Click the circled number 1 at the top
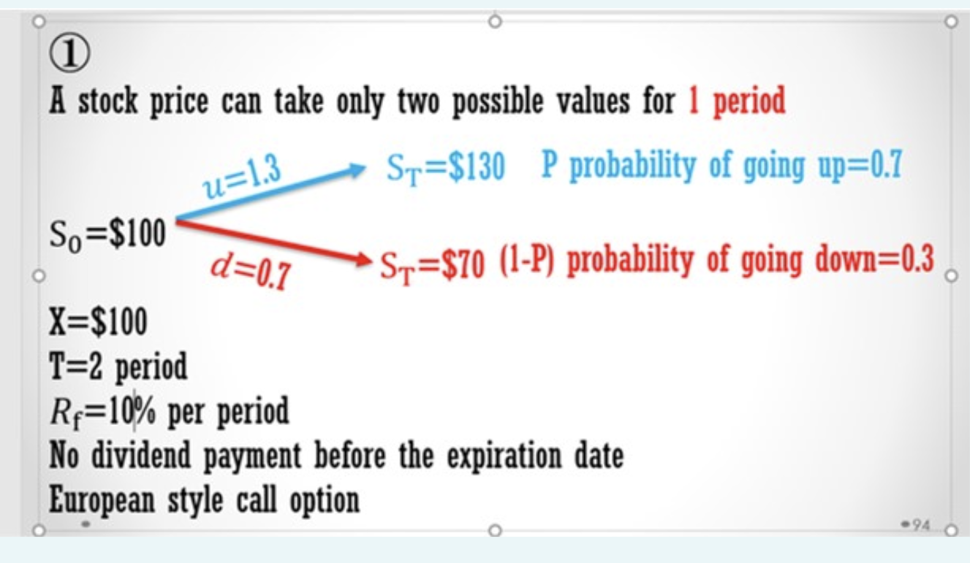pos(71,55)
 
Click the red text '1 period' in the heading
pos(737,102)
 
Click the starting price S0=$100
pos(107,234)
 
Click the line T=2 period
pos(118,367)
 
